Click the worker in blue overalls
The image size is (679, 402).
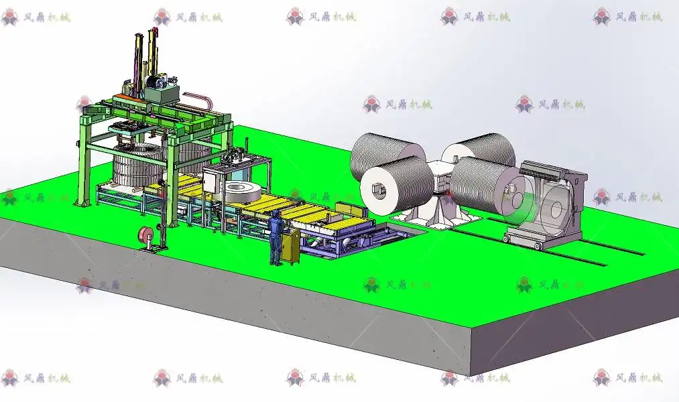(x=275, y=238)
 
